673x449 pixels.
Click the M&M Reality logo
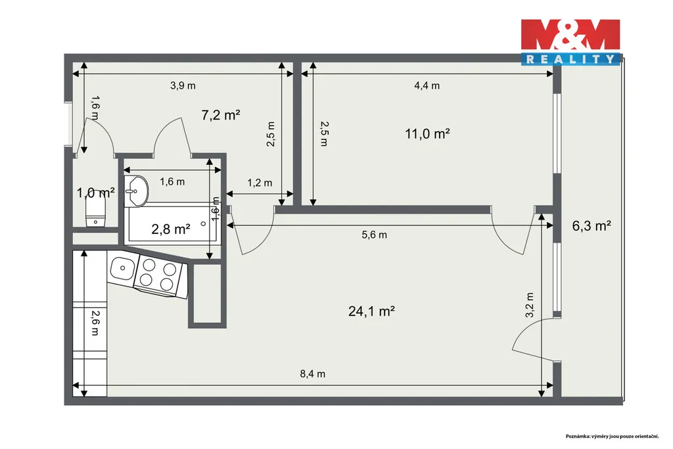(x=570, y=41)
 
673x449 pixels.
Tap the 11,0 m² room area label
(x=427, y=133)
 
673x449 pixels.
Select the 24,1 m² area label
(x=371, y=311)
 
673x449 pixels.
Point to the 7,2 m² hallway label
(x=221, y=115)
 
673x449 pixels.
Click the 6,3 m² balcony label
(x=592, y=225)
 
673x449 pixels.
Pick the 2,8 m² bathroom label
(x=170, y=229)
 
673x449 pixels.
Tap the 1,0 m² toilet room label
(x=96, y=193)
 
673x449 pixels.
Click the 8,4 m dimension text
(x=312, y=374)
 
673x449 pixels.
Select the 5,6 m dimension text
(x=374, y=235)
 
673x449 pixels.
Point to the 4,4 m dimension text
(x=427, y=86)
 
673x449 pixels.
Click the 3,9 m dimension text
(x=183, y=86)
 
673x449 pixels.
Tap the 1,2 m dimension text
(x=260, y=183)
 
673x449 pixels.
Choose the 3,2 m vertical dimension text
(x=530, y=305)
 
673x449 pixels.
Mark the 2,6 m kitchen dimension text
(x=95, y=323)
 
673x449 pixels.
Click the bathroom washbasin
(x=136, y=191)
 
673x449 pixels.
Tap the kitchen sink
(x=123, y=269)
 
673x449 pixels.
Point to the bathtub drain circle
(x=204, y=224)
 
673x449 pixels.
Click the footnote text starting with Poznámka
(x=612, y=436)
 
